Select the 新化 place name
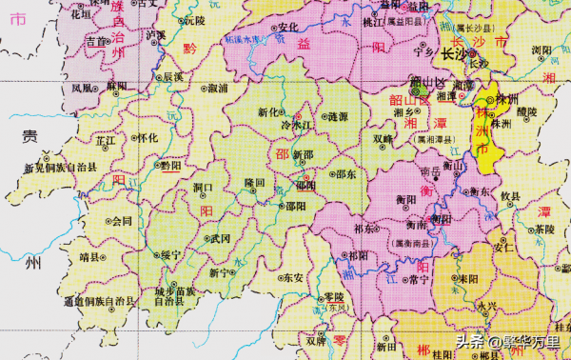pyautogui.click(x=270, y=112)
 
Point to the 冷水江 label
pyautogui.click(x=296, y=125)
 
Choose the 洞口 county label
pyautogui.click(x=203, y=189)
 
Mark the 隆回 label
pyautogui.click(x=254, y=182)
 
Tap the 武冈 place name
pyautogui.click(x=221, y=238)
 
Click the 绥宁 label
pyautogui.click(x=171, y=254)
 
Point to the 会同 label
pyautogui.click(x=122, y=222)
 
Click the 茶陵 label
pyautogui.click(x=544, y=230)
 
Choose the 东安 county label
pyautogui.click(x=293, y=278)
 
